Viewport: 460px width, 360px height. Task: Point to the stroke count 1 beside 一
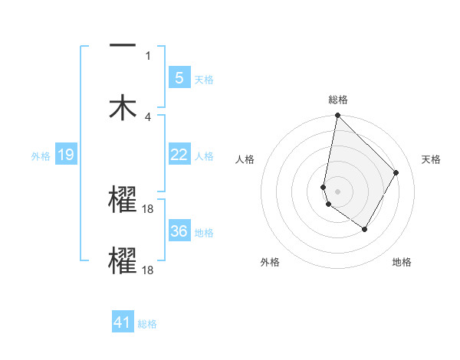148,55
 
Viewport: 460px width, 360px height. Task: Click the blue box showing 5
179,78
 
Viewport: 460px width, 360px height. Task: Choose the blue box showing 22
179,155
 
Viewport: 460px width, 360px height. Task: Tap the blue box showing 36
179,231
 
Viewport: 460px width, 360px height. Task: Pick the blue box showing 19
65,155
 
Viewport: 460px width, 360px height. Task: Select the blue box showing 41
123,322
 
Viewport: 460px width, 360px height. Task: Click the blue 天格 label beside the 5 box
204,79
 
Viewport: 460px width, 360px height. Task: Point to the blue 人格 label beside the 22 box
204,155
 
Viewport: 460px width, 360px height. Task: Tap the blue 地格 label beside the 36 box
204,232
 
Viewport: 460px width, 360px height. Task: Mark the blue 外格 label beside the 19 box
41,156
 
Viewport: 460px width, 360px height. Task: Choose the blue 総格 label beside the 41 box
147,323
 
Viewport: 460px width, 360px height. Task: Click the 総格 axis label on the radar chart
337,100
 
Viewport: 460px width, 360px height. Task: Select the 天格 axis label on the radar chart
432,159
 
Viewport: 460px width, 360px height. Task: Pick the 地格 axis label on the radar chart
402,262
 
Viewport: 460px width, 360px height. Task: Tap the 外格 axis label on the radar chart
270,262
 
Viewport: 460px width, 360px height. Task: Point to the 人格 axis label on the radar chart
245,159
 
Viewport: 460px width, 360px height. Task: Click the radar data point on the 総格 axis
337,116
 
